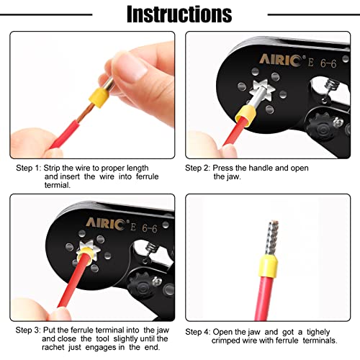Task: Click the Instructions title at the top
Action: pos(179,14)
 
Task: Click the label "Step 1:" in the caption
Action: pos(31,168)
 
